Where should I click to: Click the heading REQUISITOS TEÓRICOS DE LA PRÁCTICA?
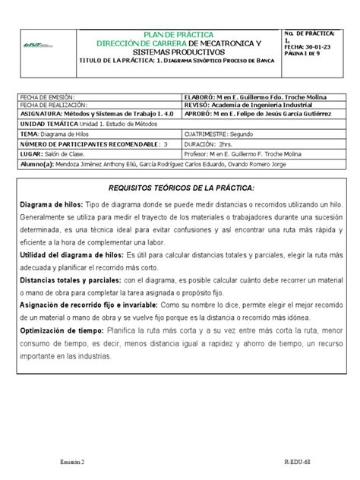pyautogui.click(x=180, y=187)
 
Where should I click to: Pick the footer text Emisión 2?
pyautogui.click(x=73, y=461)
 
